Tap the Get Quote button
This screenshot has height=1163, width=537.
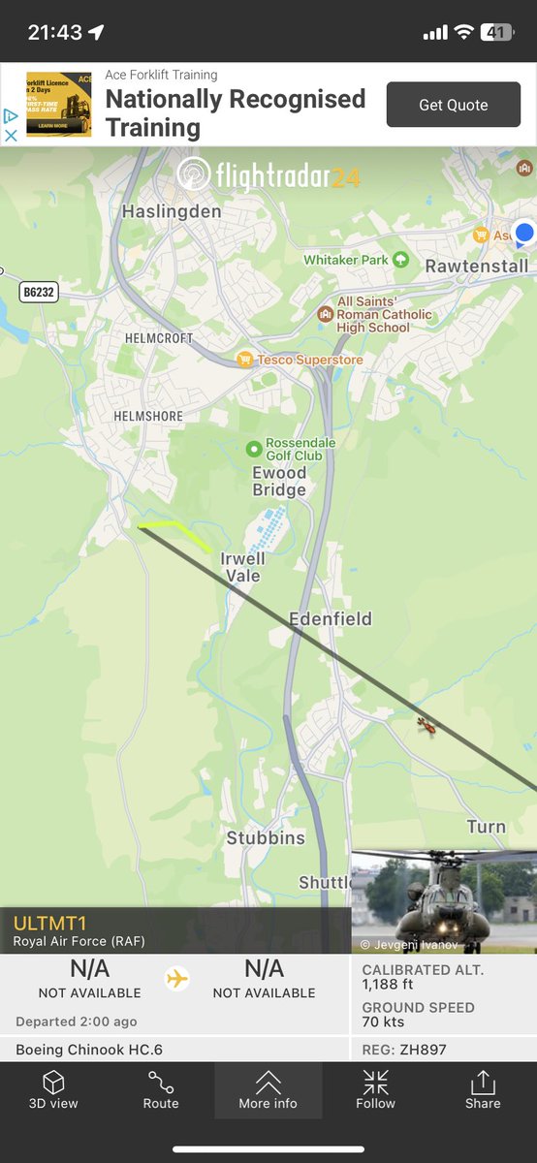(x=453, y=105)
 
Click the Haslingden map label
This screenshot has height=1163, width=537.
(x=172, y=211)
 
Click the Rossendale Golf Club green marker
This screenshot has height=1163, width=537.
(x=254, y=449)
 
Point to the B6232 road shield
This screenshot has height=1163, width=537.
(x=38, y=291)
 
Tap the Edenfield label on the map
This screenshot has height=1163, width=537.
(x=330, y=618)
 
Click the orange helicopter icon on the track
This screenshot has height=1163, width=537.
(x=426, y=725)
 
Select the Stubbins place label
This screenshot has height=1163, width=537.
(x=266, y=837)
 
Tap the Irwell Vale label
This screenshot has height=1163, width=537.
(x=242, y=567)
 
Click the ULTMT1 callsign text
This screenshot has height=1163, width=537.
(x=49, y=924)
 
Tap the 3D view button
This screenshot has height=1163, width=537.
(x=53, y=1090)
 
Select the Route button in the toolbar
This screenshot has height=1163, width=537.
(x=161, y=1090)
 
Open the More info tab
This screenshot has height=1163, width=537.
(x=268, y=1090)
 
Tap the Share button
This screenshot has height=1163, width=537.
(x=483, y=1090)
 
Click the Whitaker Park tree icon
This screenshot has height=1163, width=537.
(x=401, y=260)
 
